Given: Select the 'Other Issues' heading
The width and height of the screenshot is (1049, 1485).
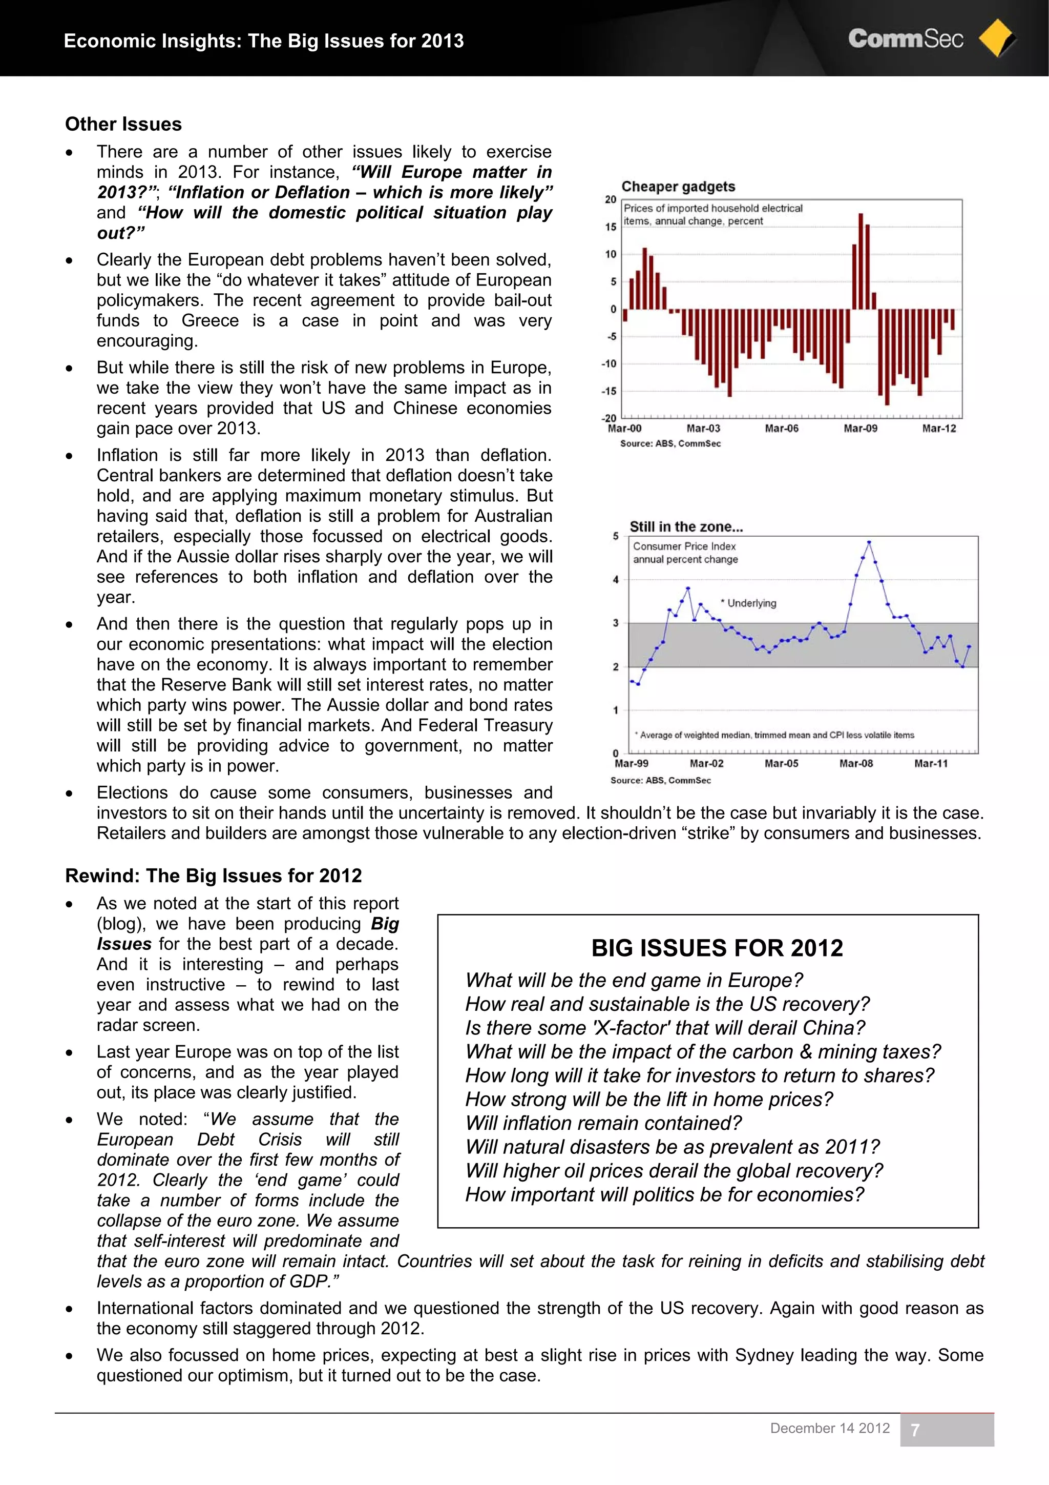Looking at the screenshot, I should click(123, 124).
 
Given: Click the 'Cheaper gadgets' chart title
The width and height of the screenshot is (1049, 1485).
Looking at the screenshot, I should click(678, 187).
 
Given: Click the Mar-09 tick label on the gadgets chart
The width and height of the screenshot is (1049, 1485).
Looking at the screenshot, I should click(861, 428).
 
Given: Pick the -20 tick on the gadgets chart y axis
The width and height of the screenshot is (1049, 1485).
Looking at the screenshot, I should click(609, 418).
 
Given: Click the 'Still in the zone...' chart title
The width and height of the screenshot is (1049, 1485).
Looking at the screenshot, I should click(686, 526).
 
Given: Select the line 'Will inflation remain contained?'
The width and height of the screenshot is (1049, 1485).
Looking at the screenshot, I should click(603, 1124).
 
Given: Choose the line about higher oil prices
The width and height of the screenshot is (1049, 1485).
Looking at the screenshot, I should click(674, 1171).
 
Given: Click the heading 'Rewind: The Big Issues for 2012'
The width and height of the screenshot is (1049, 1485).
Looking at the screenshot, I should click(213, 876).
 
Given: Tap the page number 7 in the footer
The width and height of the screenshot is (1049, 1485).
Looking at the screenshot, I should click(915, 1430).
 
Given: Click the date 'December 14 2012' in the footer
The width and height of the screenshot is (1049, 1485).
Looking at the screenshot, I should click(830, 1428).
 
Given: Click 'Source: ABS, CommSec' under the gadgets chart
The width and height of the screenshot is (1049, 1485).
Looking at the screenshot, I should click(670, 444).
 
